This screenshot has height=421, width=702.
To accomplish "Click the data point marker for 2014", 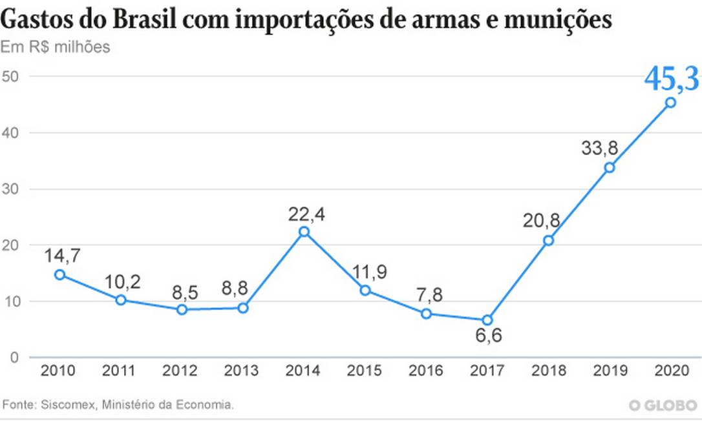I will pyautogui.click(x=304, y=232).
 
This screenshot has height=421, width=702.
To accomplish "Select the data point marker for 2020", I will pyautogui.click(x=671, y=102).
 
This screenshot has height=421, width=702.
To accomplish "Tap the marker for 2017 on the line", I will pyautogui.click(x=487, y=320).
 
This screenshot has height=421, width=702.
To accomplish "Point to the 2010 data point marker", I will pyautogui.click(x=59, y=274).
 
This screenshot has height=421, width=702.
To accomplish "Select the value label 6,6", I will pyautogui.click(x=487, y=338).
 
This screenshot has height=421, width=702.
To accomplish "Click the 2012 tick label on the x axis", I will pyautogui.click(x=180, y=371).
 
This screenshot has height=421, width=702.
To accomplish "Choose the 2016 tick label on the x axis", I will pyautogui.click(x=426, y=371).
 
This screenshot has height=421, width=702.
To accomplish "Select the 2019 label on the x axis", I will pyautogui.click(x=610, y=371).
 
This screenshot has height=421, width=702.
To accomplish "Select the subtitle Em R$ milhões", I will pyautogui.click(x=55, y=48).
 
